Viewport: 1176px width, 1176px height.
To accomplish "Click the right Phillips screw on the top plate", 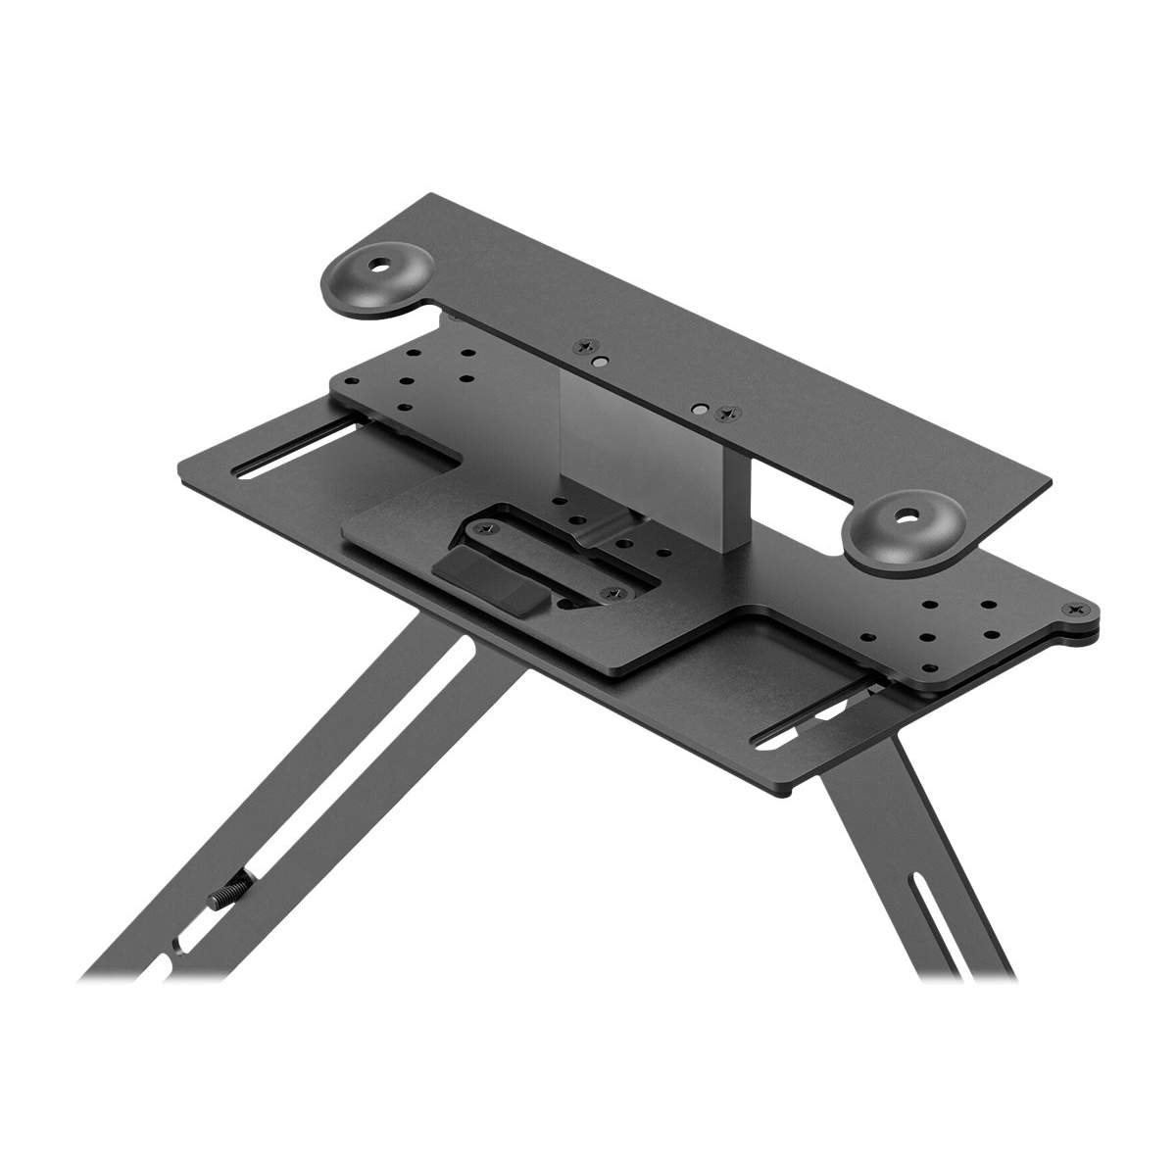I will coord(724,414).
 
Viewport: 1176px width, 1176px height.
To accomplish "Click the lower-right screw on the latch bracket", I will coord(611,594).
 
